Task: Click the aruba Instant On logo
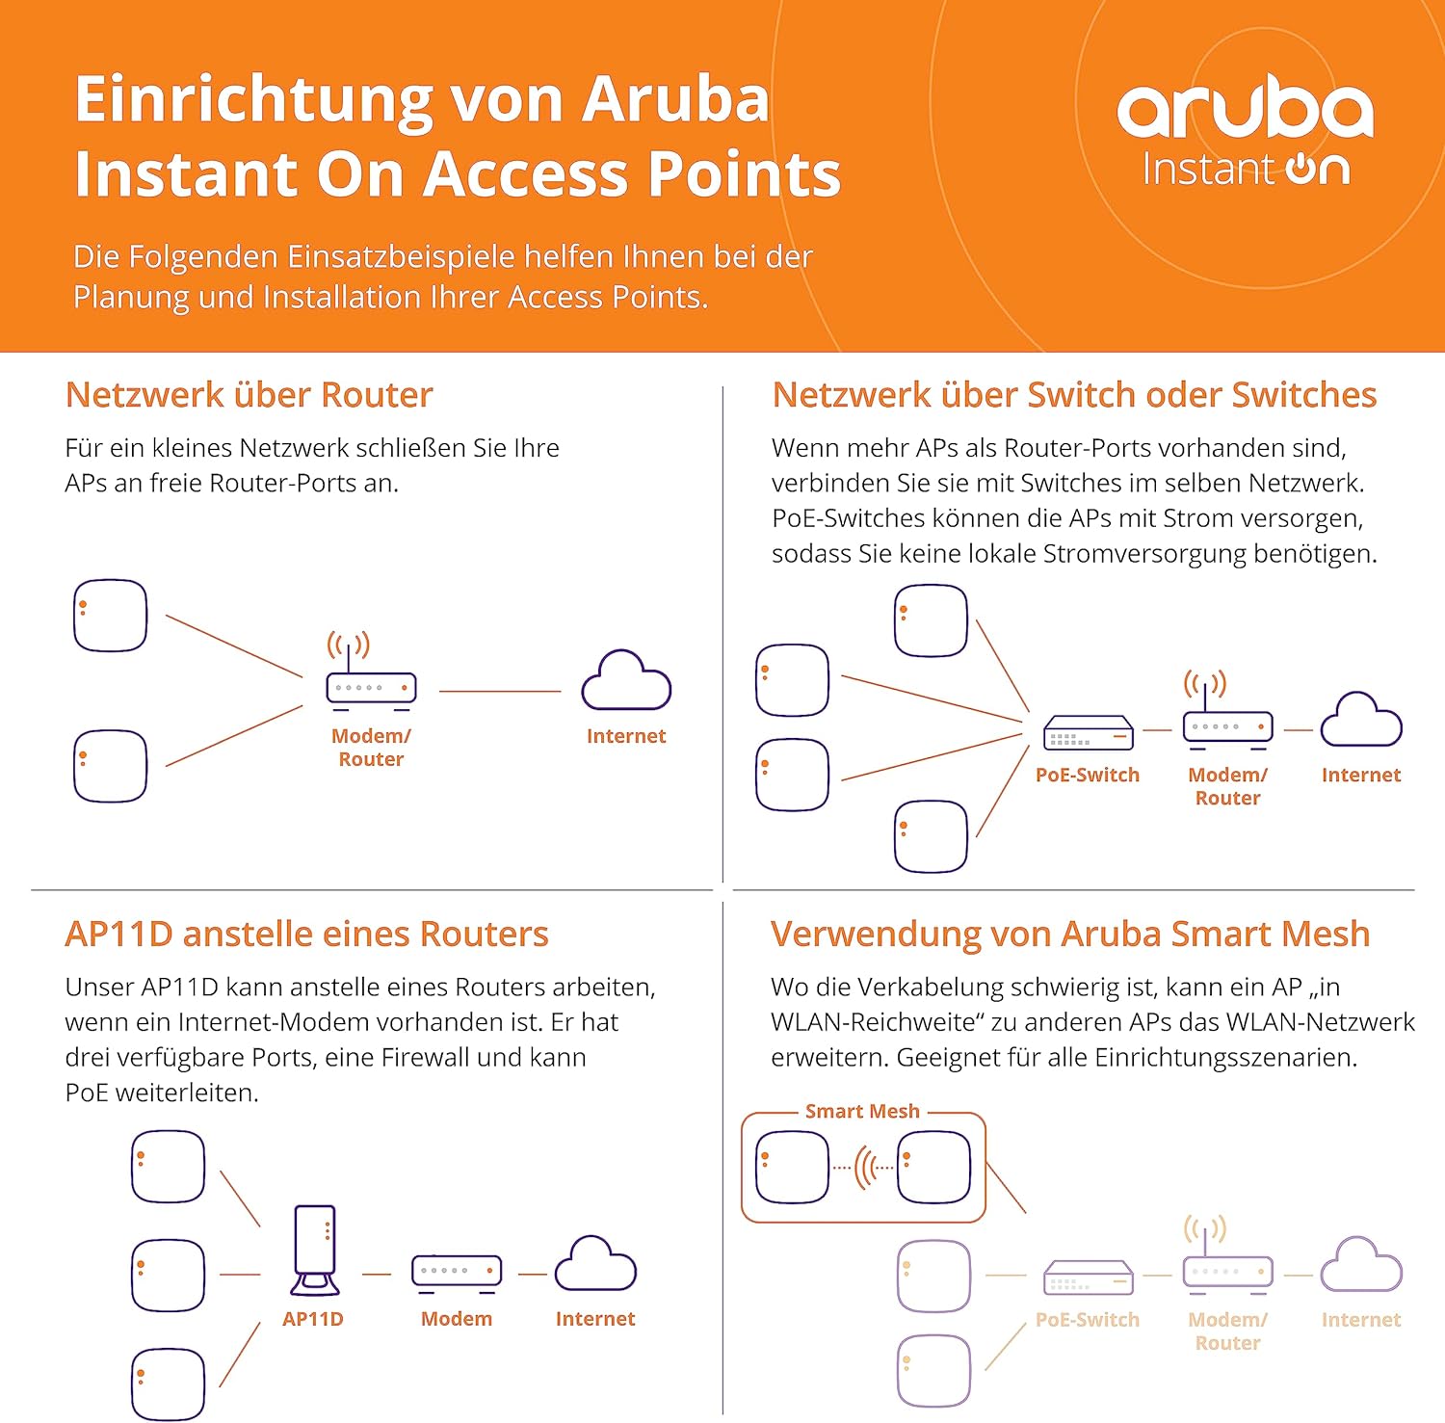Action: tap(1246, 130)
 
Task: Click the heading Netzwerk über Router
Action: tap(249, 395)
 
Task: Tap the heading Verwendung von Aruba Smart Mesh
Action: tap(1069, 934)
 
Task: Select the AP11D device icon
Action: tap(315, 1251)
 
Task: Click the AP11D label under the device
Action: tap(312, 1319)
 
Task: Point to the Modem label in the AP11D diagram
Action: tap(456, 1319)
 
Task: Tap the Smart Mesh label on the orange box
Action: tap(862, 1111)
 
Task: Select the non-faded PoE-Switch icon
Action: tap(1088, 733)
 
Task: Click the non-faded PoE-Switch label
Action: tap(1087, 775)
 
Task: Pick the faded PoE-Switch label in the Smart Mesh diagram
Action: tap(1087, 1320)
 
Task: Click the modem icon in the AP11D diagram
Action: tap(457, 1271)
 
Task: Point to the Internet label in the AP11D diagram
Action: tap(594, 1319)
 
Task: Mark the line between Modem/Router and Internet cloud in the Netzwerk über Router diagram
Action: tap(499, 691)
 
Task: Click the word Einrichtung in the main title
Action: tap(249, 100)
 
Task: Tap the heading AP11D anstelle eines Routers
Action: tap(306, 934)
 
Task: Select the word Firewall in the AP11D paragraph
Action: tap(425, 1057)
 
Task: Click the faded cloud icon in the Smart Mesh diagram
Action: tap(1360, 1264)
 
